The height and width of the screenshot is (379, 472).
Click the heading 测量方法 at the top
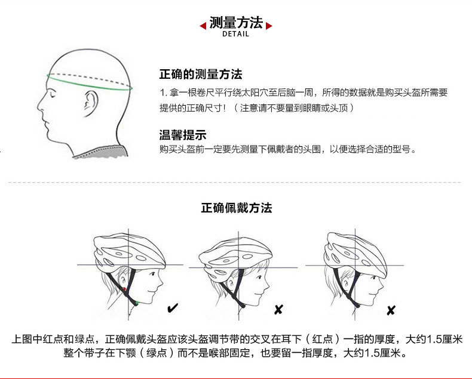coord(236,22)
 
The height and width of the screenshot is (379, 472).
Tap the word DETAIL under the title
coord(235,34)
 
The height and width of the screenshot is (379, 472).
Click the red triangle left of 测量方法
coord(203,26)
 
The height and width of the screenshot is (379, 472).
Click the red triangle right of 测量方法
coord(269,26)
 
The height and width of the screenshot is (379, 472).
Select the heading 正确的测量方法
coord(201,74)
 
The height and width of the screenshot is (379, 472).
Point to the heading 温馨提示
coord(183,135)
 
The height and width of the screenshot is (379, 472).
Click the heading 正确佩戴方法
coord(237,208)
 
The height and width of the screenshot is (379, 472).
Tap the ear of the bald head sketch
coord(90,103)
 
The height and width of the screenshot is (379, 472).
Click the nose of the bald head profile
coord(40,105)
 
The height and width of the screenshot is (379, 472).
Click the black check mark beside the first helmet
coord(173,308)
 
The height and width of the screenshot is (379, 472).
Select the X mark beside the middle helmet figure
coord(278,309)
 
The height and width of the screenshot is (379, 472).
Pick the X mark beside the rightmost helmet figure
coord(391,310)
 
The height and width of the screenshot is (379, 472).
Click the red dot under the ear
coord(124,289)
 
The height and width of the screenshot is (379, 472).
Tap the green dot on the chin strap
coord(137,303)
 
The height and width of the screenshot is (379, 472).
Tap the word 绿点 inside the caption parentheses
coord(157,353)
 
